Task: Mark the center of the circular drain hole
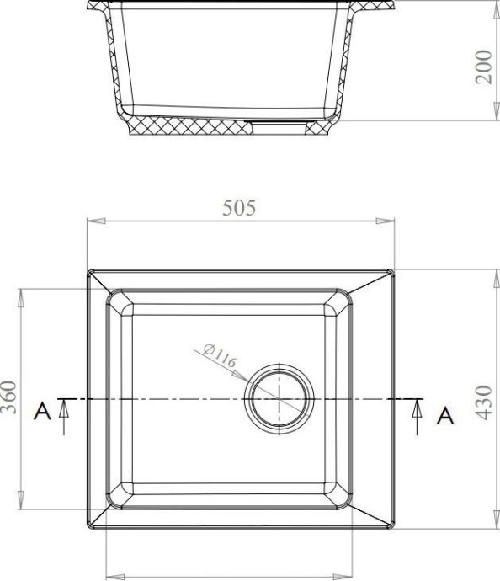click(279, 397)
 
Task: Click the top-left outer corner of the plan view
click(88, 270)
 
